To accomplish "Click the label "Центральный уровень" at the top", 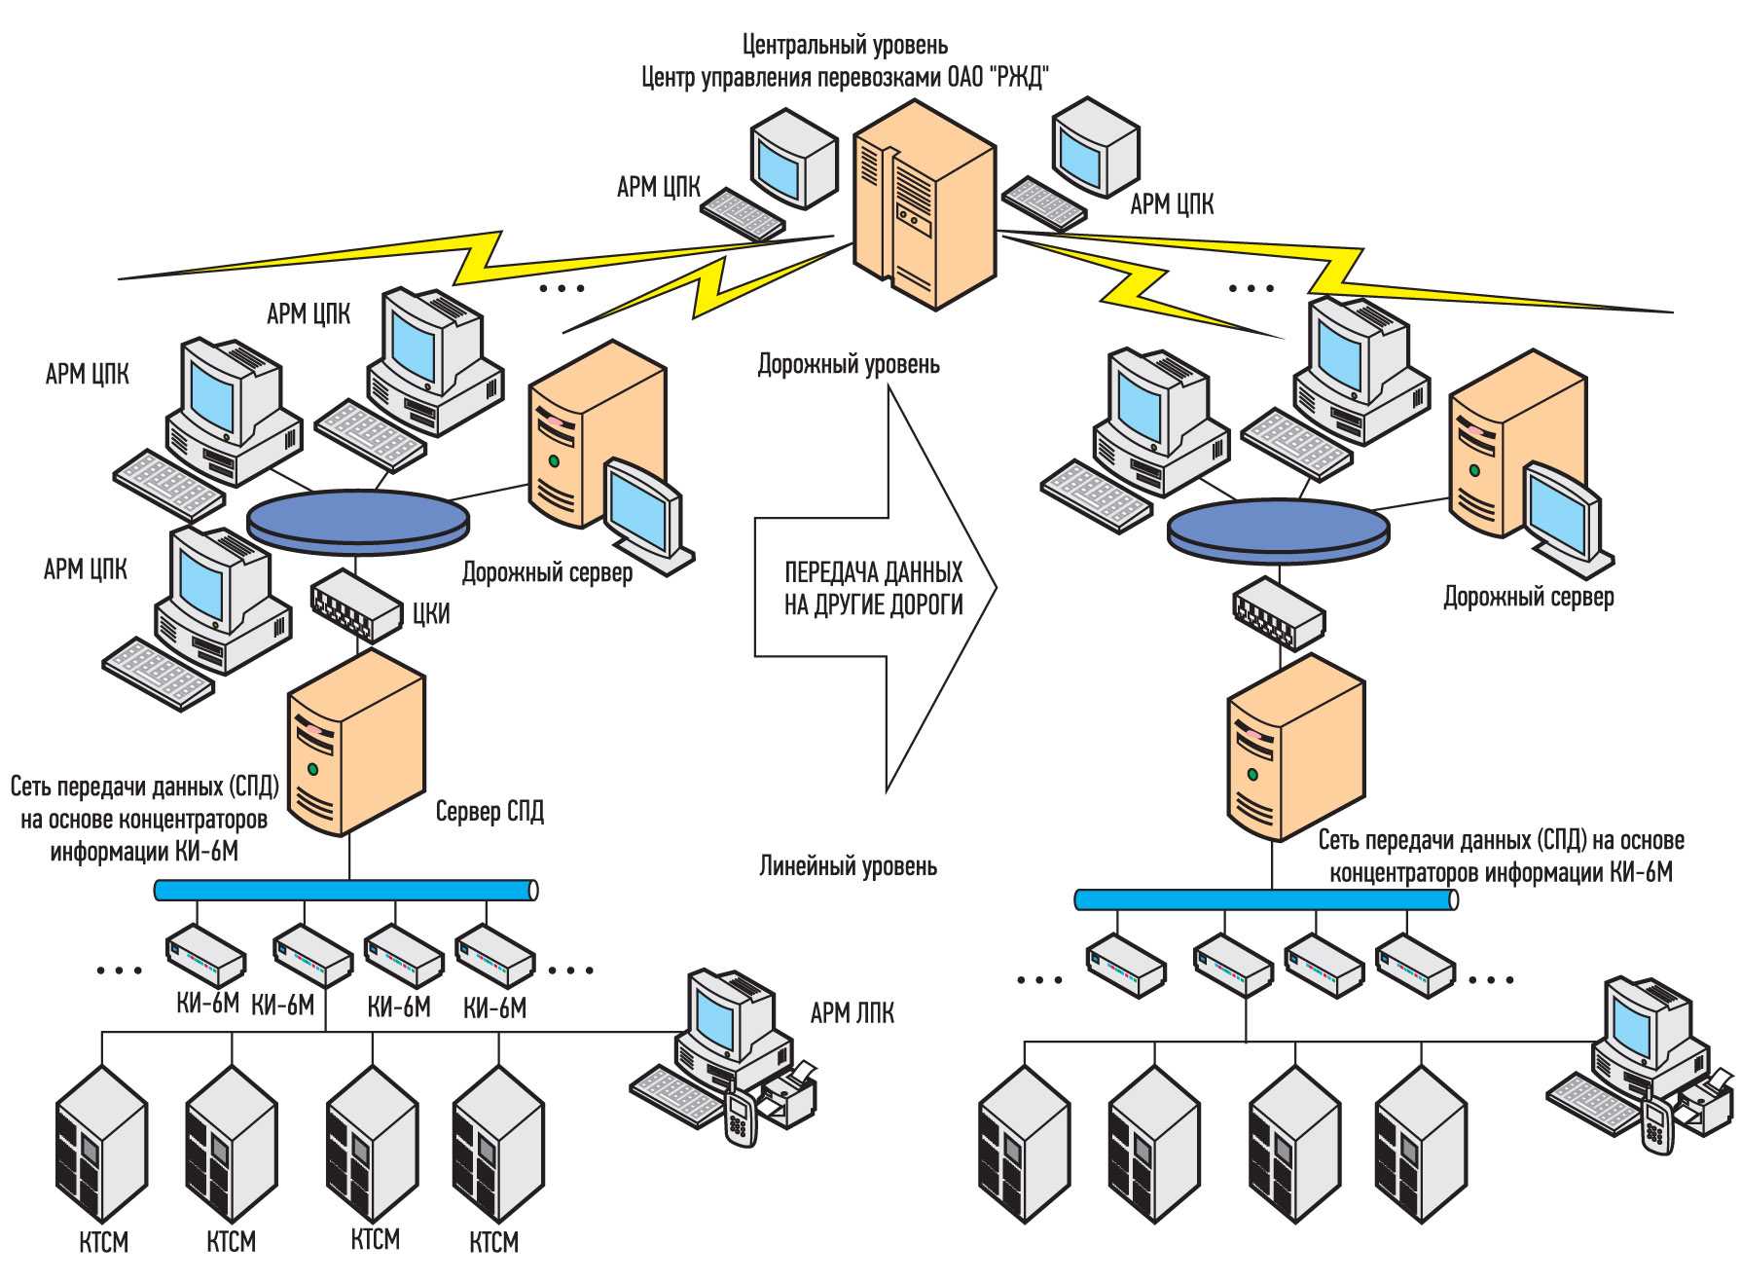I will [844, 45].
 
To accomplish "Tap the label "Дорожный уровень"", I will [849, 365].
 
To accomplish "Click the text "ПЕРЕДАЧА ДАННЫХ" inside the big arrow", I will [873, 572].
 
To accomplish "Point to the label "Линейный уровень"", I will [848, 866].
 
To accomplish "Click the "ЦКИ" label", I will [431, 613].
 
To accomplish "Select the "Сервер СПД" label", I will [490, 812].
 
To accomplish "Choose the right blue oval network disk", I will [1278, 527].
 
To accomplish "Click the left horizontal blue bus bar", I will [345, 890].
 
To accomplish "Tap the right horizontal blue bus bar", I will [1265, 900].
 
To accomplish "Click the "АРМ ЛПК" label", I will [852, 1013].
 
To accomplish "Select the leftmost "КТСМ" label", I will [103, 1243].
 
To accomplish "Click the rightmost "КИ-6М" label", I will [494, 1007].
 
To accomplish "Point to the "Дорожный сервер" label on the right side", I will [1528, 598].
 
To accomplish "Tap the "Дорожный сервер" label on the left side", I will [547, 573].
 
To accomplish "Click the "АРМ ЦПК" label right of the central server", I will [1172, 204].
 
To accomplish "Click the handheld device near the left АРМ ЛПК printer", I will [740, 1118].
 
